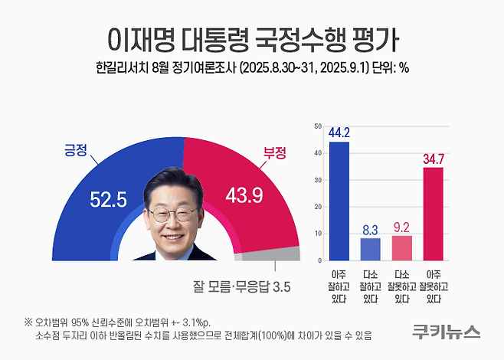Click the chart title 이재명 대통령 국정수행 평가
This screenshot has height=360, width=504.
[x=252, y=37]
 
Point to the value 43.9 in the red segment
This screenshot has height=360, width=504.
[x=244, y=197]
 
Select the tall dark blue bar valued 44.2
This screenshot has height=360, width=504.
[x=339, y=201]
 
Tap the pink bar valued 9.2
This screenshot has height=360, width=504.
[x=401, y=247]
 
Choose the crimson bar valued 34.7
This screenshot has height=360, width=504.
[x=433, y=214]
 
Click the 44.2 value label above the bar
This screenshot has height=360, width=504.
[x=339, y=133]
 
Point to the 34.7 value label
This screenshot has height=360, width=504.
[x=433, y=159]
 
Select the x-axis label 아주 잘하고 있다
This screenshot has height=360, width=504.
[x=339, y=285]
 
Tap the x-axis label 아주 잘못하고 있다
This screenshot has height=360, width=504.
[x=433, y=285]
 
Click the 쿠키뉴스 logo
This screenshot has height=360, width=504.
[x=445, y=332]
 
